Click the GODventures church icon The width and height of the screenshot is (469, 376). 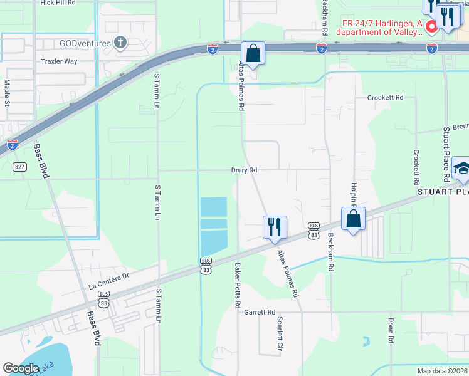coord(120,43)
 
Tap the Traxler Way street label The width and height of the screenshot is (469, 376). coord(58,61)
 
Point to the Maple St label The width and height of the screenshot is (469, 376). coord(7,92)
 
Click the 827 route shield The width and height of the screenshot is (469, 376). coord(20,167)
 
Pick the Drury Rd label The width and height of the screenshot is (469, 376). coord(244,170)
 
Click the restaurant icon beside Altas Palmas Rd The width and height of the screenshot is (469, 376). coord(274,227)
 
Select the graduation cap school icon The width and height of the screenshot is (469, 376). coord(461,168)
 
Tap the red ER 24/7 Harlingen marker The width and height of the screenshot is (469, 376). coord(431,27)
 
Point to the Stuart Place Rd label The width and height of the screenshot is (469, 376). coord(447,154)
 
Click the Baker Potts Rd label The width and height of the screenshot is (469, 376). coord(238,286)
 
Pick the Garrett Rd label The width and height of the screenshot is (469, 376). coord(260,312)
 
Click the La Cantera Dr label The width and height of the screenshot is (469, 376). coord(108,275)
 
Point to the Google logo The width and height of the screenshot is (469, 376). coord(21,368)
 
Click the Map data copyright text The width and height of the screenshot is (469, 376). coord(441,371)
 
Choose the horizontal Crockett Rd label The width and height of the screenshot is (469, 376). coord(385,98)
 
